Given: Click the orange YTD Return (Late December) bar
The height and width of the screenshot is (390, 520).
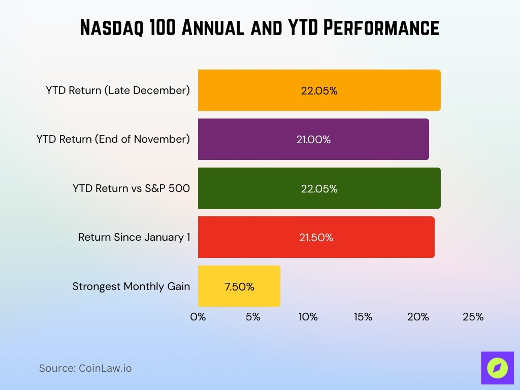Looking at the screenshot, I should click(x=319, y=90).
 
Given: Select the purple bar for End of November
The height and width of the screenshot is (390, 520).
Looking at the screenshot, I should click(x=313, y=139).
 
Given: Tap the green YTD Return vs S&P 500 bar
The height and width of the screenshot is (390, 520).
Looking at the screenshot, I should click(x=319, y=188).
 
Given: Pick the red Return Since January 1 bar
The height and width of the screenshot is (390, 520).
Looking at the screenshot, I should click(x=316, y=237).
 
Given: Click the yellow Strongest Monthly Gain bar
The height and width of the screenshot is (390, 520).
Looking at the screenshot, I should click(x=239, y=286).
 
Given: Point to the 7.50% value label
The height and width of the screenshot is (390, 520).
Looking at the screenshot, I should click(x=239, y=286).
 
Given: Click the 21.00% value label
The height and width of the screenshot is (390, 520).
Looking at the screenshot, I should click(x=313, y=140).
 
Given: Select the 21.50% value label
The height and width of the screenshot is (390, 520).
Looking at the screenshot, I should click(x=316, y=238).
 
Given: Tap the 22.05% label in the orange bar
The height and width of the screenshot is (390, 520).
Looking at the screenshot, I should click(x=319, y=91).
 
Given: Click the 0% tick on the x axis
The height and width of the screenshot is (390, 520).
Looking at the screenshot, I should click(x=198, y=317).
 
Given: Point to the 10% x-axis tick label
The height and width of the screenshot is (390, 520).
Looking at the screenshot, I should click(x=308, y=317).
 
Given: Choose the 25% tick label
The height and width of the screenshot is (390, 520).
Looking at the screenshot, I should click(x=473, y=317).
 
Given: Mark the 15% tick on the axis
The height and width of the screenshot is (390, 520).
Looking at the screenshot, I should click(x=363, y=317).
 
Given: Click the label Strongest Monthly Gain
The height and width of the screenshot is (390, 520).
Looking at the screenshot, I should click(x=131, y=286).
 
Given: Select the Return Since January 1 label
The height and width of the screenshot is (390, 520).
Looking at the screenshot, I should click(x=134, y=237).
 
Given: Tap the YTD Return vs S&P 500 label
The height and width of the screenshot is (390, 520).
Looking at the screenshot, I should click(x=131, y=188).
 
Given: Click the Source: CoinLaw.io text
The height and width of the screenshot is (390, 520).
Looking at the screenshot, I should click(x=85, y=368).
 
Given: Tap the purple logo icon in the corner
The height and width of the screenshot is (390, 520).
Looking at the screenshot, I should click(x=497, y=368).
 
